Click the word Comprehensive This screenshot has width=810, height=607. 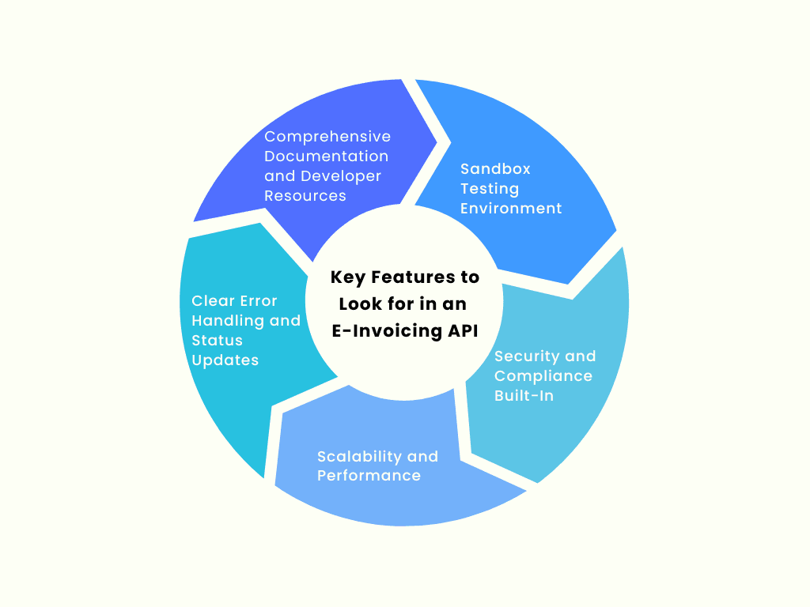pos(327,137)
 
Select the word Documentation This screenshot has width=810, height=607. pos(327,156)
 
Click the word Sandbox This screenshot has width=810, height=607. pos(495,168)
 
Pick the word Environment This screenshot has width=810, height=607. pos(511,208)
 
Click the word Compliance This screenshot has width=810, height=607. pos(543,375)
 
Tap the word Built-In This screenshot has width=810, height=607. pos(524,395)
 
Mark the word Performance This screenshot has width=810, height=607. pos(369,475)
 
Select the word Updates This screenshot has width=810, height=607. pos(225,360)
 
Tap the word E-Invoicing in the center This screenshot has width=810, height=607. pos(387,331)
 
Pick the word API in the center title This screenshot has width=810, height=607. pos(462,331)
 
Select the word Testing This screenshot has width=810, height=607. pos(490,188)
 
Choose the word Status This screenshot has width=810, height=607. pos(217,340)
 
